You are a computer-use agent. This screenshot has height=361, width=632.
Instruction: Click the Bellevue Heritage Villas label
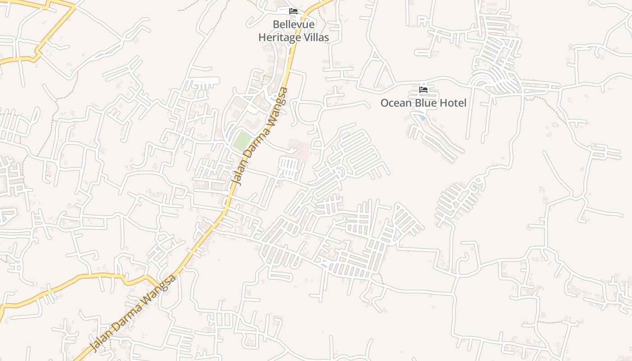coord(293,31)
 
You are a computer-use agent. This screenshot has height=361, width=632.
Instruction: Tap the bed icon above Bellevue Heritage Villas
coord(293,11)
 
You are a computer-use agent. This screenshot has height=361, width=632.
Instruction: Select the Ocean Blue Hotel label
coord(423,103)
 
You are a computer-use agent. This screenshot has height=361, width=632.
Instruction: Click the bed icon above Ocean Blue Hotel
coord(423,90)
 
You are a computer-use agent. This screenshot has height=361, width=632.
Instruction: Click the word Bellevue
coord(293,24)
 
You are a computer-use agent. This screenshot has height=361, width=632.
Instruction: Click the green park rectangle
coord(242,141)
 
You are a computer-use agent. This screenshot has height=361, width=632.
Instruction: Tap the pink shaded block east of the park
coord(298,149)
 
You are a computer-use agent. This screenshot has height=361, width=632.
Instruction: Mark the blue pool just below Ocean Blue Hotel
coord(422,118)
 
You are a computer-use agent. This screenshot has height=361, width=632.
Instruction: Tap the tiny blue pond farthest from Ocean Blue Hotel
coord(474,186)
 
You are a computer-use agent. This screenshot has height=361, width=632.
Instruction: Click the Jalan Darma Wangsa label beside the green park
coord(260,135)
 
